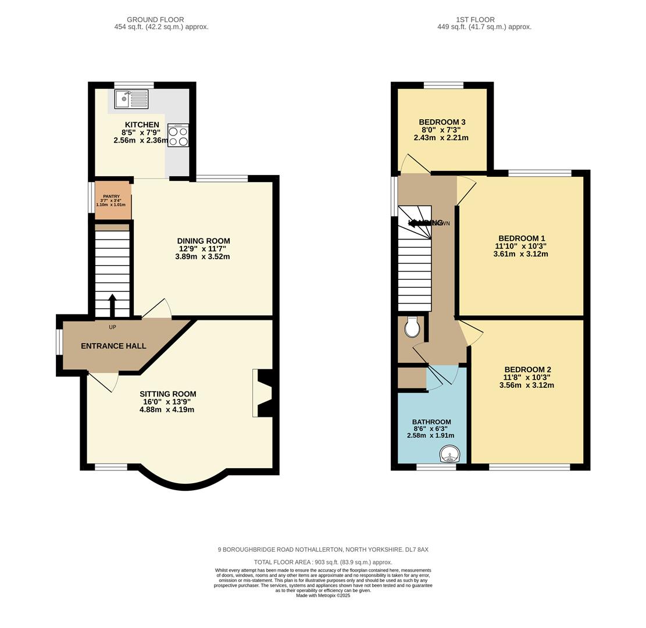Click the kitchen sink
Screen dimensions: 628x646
(x=131, y=99)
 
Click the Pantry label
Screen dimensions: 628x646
(x=111, y=197)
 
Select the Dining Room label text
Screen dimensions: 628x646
(x=203, y=241)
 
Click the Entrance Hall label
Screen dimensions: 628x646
(x=113, y=346)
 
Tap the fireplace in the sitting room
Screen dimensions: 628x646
(x=263, y=393)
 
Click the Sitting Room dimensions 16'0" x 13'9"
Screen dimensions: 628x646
(x=167, y=402)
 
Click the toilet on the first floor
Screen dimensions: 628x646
(x=412, y=328)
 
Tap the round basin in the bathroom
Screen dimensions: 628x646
(x=448, y=454)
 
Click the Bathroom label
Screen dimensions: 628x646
(x=431, y=422)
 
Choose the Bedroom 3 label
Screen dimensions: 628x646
(x=442, y=122)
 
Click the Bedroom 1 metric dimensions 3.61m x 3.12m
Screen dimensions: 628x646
(x=520, y=254)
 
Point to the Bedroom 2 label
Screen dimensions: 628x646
(x=527, y=370)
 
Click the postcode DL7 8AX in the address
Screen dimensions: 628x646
(x=417, y=549)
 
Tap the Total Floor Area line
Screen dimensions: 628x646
(x=323, y=562)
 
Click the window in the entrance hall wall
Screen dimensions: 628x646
(x=59, y=342)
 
